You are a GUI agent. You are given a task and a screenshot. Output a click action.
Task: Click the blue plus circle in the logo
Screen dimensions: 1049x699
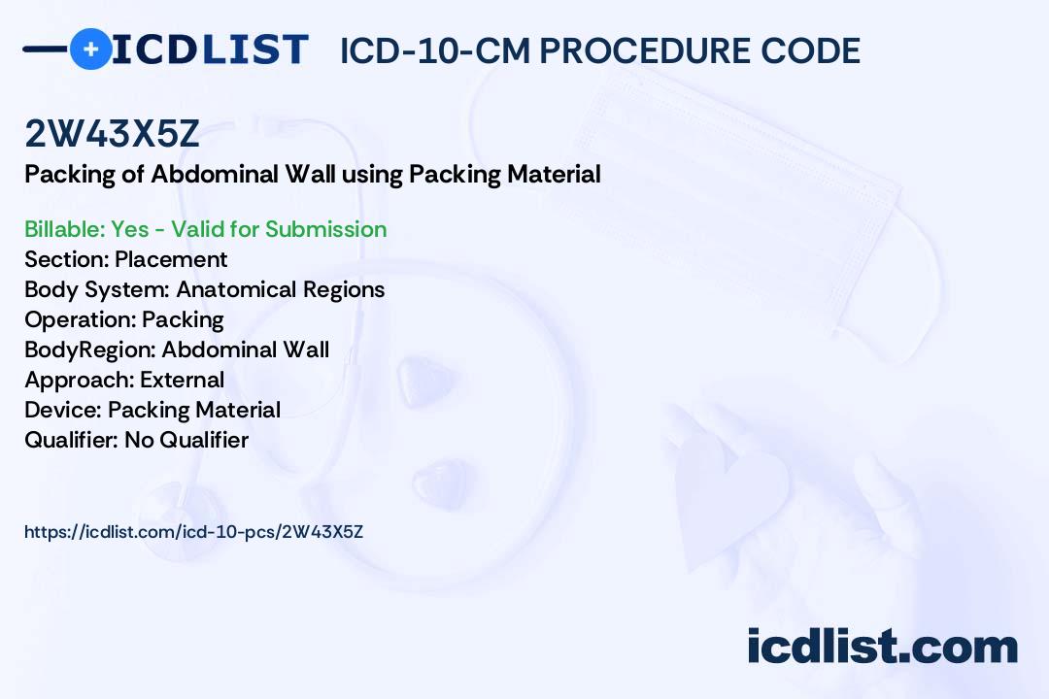tap(90, 49)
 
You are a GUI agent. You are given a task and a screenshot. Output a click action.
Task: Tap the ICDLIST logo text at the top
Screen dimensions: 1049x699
tap(210, 49)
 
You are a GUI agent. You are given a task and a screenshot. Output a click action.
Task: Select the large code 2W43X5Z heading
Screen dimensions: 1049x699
tap(112, 133)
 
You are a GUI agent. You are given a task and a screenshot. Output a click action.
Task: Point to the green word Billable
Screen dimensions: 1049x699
tap(64, 229)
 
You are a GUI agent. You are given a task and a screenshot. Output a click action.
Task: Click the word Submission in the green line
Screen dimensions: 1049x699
tap(325, 229)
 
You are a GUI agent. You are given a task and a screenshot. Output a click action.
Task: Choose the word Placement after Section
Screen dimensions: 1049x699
tap(171, 259)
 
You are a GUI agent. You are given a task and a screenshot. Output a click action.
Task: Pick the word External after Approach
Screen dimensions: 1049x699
tap(182, 380)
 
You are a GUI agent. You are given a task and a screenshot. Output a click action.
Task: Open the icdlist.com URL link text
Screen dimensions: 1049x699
tap(194, 532)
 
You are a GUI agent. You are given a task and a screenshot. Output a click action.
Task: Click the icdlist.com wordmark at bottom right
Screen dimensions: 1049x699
tap(882, 646)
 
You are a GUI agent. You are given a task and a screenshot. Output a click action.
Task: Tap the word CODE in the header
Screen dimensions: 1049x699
tap(810, 50)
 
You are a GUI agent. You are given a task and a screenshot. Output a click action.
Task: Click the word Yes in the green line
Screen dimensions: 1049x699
tap(130, 229)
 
